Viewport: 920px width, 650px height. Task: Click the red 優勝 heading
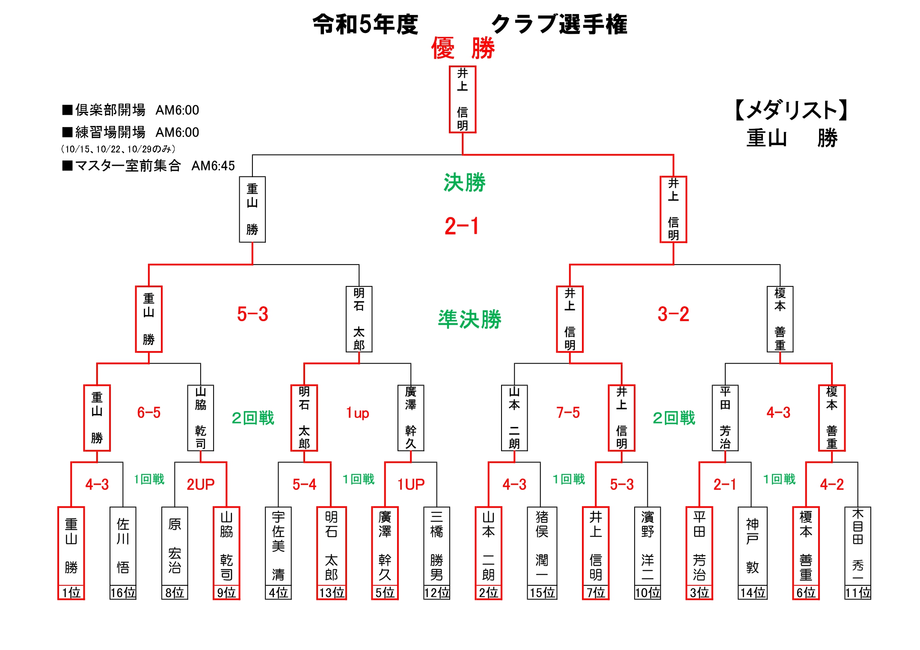tap(463, 48)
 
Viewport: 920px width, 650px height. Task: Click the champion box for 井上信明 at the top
tap(462, 99)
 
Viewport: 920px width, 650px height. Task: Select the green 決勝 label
tap(464, 183)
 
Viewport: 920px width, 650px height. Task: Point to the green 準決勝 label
tap(469, 319)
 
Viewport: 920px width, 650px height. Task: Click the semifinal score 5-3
tap(252, 314)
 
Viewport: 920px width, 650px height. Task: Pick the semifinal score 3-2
tap(673, 314)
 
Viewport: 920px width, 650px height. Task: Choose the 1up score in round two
tap(357, 413)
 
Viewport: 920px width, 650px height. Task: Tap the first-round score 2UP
tap(200, 485)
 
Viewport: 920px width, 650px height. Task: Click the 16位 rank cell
tap(123, 593)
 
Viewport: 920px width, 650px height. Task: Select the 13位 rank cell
tap(331, 593)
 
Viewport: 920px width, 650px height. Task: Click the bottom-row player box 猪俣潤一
tap(542, 546)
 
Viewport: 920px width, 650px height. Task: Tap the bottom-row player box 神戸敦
tap(752, 546)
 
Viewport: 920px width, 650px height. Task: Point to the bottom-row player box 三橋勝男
tap(436, 546)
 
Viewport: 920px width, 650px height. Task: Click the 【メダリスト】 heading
tap(792, 110)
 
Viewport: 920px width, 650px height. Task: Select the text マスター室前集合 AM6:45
tap(148, 166)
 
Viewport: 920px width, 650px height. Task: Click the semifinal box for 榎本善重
tap(780, 319)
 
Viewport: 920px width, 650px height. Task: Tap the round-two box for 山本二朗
tap(514, 418)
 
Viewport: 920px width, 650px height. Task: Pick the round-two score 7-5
tap(568, 413)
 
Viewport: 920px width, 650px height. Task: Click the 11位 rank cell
tap(858, 593)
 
